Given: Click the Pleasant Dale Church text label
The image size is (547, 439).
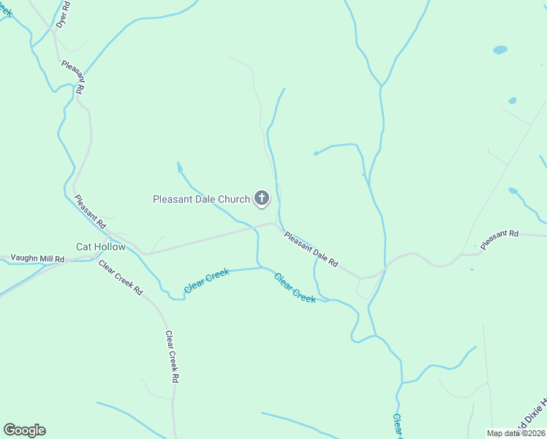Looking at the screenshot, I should [x=201, y=199].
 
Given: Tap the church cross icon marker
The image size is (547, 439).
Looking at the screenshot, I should [x=262, y=198].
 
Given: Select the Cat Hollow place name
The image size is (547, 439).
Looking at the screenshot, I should [x=101, y=247].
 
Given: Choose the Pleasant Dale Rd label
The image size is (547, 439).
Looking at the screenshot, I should [x=312, y=249].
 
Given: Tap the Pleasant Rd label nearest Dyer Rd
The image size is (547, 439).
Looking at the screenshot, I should [x=74, y=76].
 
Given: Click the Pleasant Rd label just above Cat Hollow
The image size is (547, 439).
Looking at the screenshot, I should [x=90, y=209].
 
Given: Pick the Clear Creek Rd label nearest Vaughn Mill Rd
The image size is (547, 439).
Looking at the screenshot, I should [x=121, y=277].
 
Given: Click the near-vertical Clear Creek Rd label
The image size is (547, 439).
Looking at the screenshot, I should [x=172, y=357].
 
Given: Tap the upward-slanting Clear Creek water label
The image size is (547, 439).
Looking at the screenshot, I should [x=207, y=281].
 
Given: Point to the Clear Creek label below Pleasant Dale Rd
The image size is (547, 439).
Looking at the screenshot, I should [x=295, y=288].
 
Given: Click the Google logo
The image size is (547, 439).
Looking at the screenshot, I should [x=24, y=430].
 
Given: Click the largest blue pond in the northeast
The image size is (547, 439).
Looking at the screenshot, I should [x=500, y=50].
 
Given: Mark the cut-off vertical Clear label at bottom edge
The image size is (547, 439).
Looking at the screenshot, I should [x=397, y=426].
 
